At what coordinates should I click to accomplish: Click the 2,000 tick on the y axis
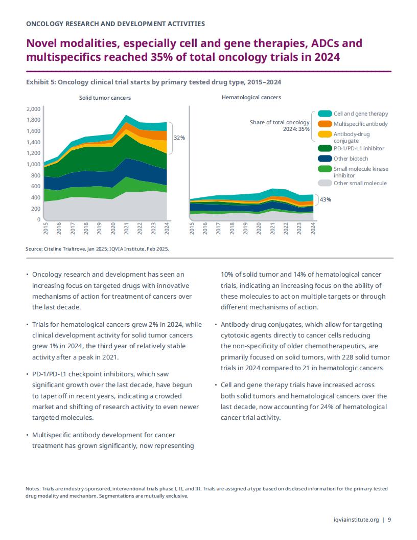click(x=33, y=109)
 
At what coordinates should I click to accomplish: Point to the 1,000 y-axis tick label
click(x=33, y=164)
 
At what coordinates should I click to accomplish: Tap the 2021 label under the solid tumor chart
click(x=126, y=229)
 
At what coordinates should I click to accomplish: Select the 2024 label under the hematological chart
click(x=313, y=229)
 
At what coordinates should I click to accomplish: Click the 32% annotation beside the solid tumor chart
click(x=179, y=138)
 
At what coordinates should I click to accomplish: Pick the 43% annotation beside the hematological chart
click(x=326, y=199)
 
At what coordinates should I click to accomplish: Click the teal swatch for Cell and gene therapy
click(x=325, y=114)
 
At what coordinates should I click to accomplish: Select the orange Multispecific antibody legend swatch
click(x=325, y=124)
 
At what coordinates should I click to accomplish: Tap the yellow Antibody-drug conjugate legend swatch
click(x=325, y=134)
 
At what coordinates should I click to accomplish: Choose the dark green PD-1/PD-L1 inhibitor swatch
click(x=325, y=148)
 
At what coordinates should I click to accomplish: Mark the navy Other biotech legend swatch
click(x=325, y=159)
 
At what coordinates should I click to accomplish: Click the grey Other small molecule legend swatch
click(x=325, y=183)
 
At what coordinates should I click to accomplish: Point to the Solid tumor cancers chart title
click(x=105, y=98)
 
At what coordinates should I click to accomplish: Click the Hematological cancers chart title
click(x=251, y=98)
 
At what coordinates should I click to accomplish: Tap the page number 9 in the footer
click(x=389, y=520)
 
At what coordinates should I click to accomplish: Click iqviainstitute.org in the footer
click(x=356, y=520)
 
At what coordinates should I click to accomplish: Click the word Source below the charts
click(x=34, y=249)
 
